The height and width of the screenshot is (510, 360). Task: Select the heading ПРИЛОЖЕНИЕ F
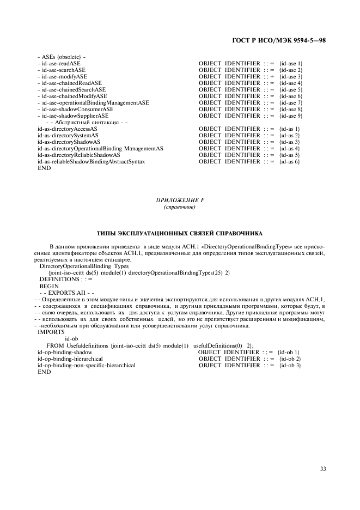click(180, 201)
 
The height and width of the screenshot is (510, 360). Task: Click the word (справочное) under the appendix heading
click(180, 208)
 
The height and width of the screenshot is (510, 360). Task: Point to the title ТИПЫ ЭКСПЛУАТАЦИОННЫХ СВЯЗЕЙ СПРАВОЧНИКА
click(180, 233)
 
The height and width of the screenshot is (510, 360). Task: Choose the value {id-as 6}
click(289, 162)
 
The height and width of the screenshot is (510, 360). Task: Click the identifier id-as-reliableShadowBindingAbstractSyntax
click(91, 162)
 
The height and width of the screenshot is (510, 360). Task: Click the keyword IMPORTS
click(51, 332)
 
